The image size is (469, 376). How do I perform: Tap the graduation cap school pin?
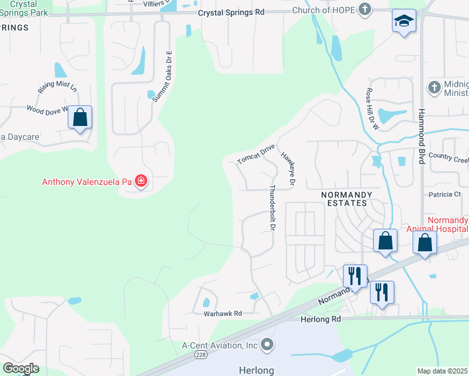pos(404,21)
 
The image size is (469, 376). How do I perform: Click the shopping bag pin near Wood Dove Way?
pos(80,117)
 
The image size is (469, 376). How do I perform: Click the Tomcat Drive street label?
pos(256,154)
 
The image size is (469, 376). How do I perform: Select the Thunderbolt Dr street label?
pos(272,207)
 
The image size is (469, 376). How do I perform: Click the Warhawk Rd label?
pos(223,313)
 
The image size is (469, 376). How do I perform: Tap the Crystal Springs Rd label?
pos(231,12)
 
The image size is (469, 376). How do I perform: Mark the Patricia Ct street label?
pos(445,194)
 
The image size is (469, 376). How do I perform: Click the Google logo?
pos(21,368)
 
